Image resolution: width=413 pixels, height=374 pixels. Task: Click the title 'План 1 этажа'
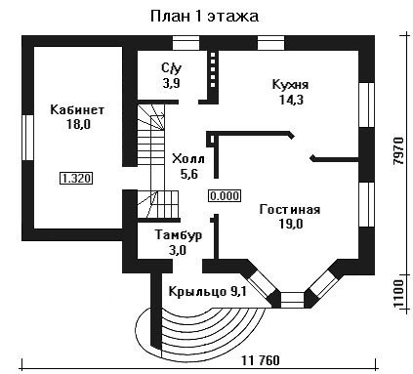[204, 17]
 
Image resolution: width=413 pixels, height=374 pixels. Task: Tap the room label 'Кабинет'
[77, 109]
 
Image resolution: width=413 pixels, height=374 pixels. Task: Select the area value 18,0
[78, 124]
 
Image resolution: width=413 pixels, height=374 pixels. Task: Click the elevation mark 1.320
[76, 179]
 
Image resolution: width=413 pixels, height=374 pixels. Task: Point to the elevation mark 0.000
[225, 196]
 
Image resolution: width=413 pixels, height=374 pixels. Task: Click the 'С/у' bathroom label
[172, 68]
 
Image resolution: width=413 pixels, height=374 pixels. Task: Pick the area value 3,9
[171, 83]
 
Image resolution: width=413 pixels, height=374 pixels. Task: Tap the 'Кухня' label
[290, 85]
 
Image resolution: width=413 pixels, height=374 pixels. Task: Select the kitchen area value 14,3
[291, 100]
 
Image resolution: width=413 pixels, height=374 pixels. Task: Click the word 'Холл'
[188, 159]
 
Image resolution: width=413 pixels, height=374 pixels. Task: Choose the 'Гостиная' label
[290, 209]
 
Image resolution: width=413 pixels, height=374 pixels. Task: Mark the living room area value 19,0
[291, 224]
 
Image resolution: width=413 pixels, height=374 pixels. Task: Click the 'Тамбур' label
[179, 235]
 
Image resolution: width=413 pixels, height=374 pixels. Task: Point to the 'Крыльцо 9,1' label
[208, 291]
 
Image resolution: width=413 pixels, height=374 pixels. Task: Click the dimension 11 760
[261, 360]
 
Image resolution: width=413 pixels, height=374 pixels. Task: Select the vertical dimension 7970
[398, 150]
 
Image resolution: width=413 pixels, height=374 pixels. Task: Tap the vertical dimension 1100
[398, 293]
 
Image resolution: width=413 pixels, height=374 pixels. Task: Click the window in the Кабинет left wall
[28, 138]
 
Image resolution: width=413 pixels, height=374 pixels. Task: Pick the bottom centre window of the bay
[292, 300]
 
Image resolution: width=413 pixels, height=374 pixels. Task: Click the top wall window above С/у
[186, 43]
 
